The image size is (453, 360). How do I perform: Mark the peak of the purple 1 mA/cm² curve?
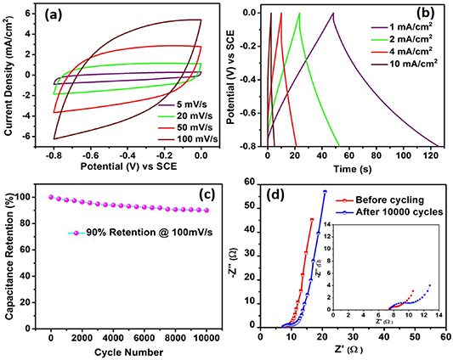(x=333, y=13)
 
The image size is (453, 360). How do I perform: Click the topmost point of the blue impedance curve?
(x=325, y=191)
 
